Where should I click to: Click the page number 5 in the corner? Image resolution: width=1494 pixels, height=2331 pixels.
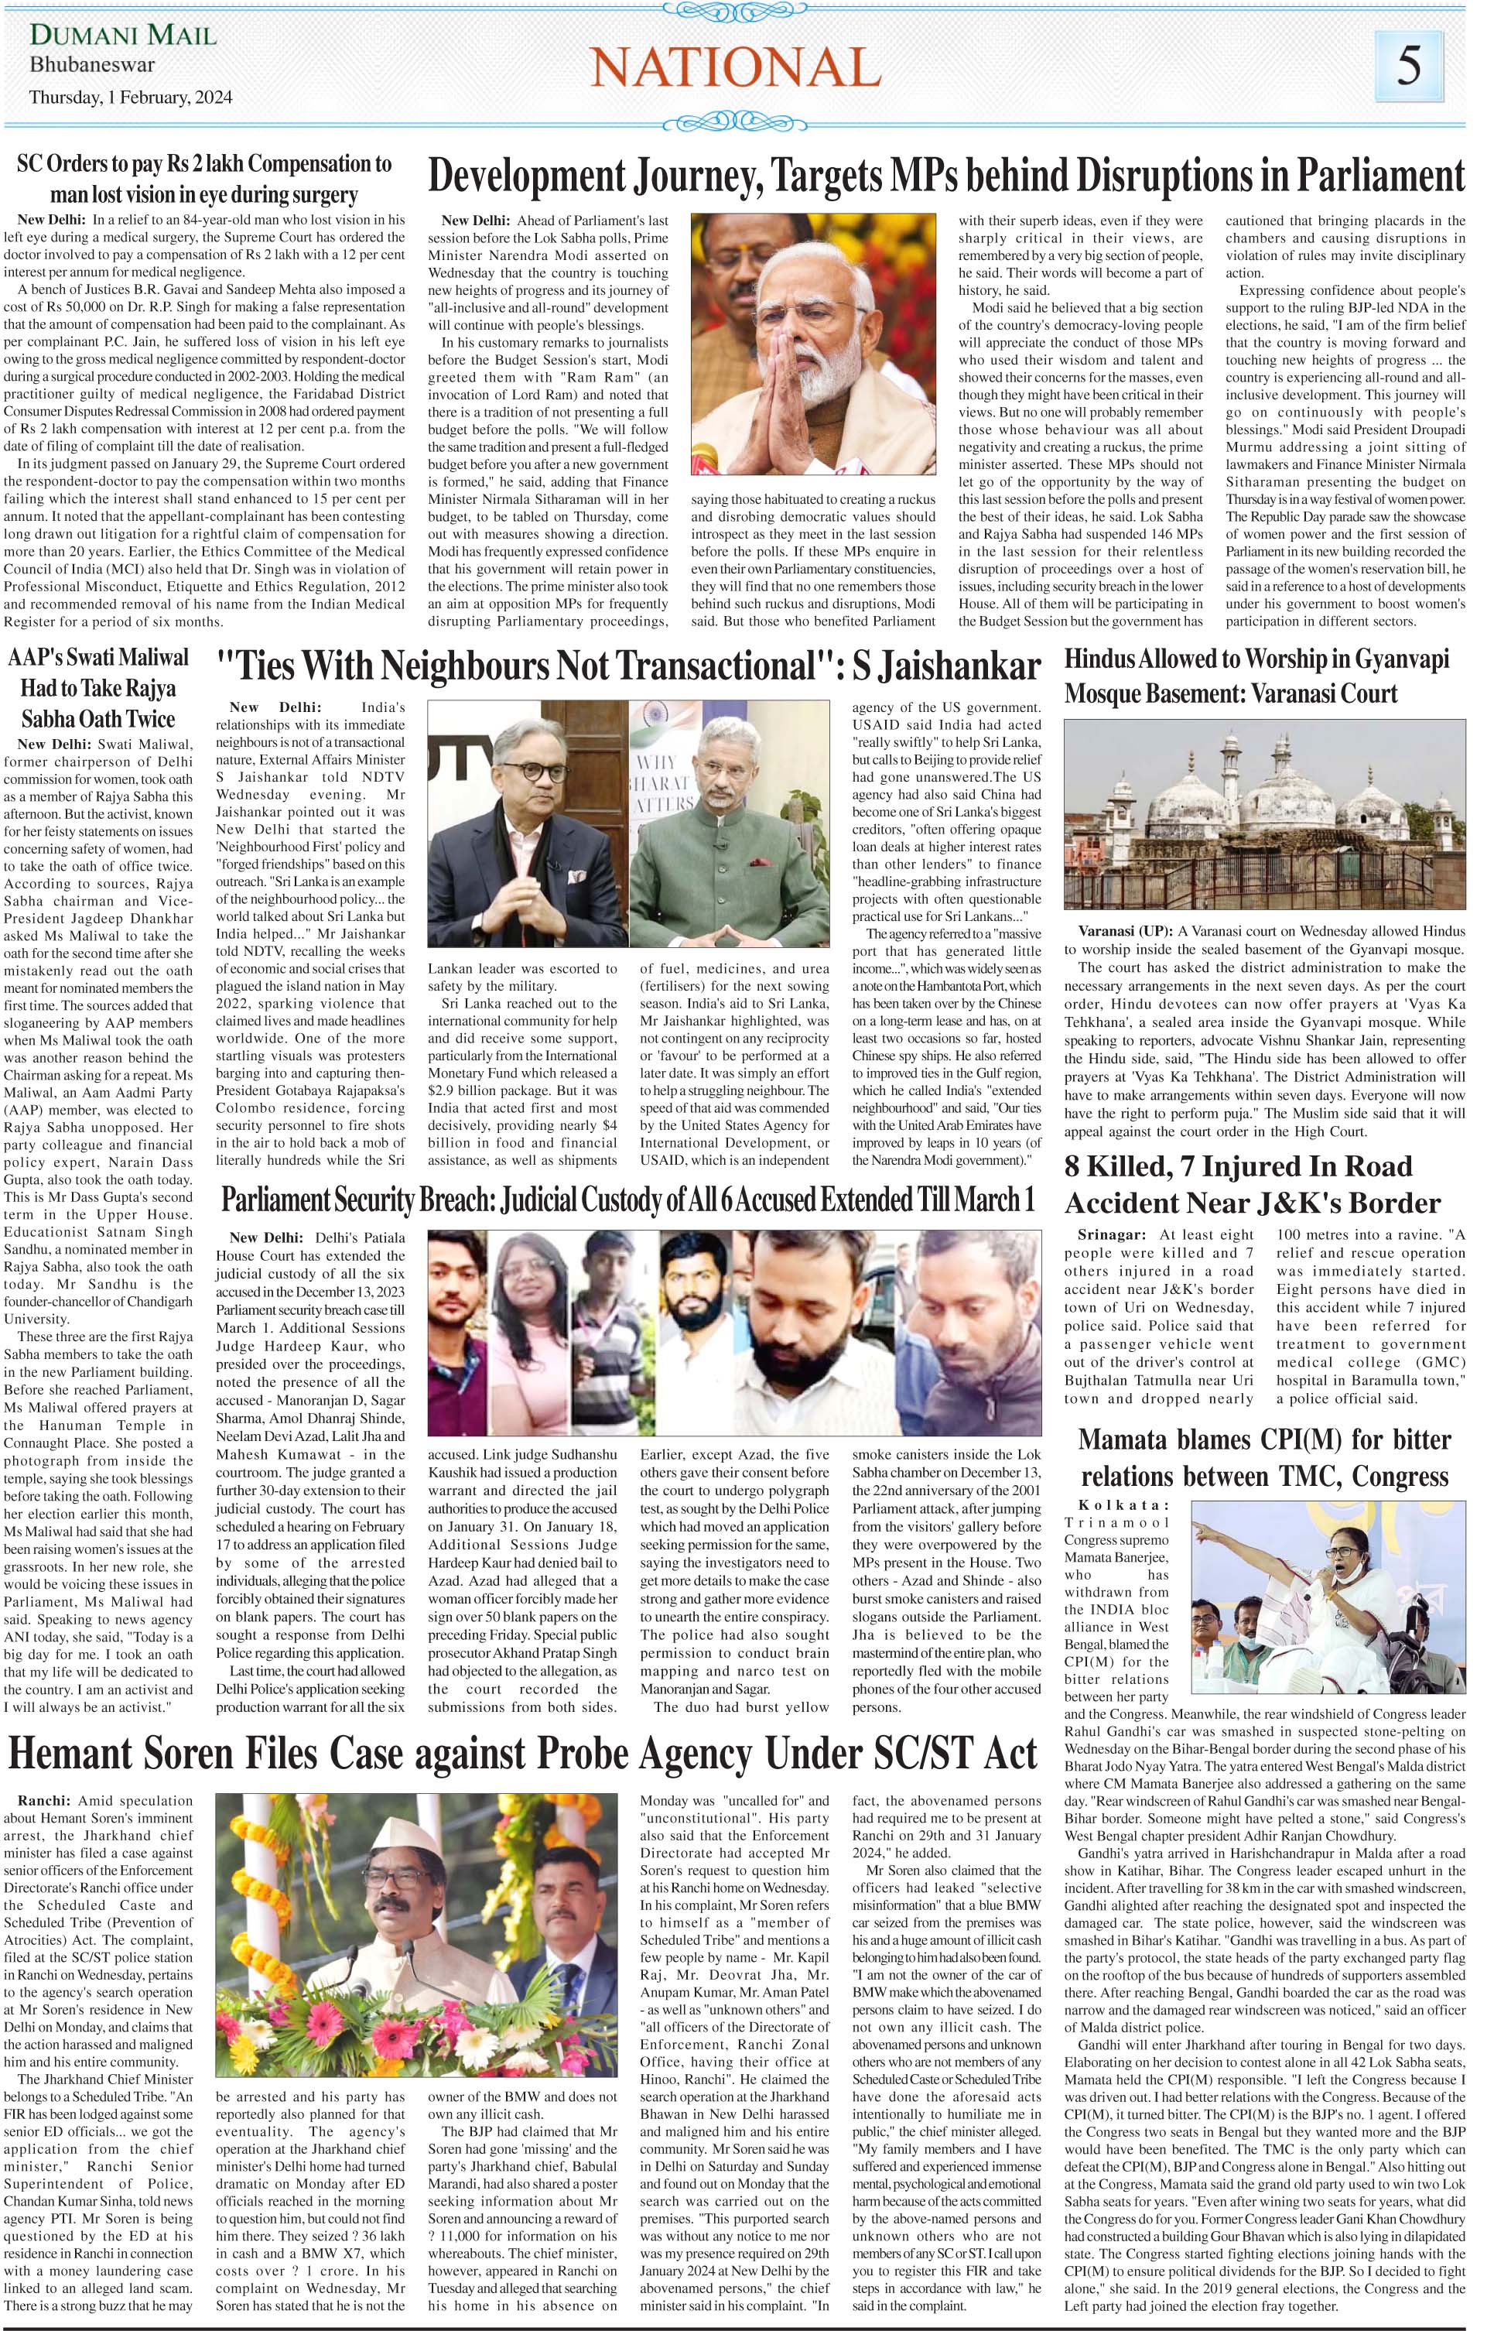pos(1409,65)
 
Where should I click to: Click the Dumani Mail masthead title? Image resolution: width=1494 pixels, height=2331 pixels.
pos(123,37)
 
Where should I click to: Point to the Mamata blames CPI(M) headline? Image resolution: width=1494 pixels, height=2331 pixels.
pos(1264,1457)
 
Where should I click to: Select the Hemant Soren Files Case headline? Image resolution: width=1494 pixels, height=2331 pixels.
pos(523,1754)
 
